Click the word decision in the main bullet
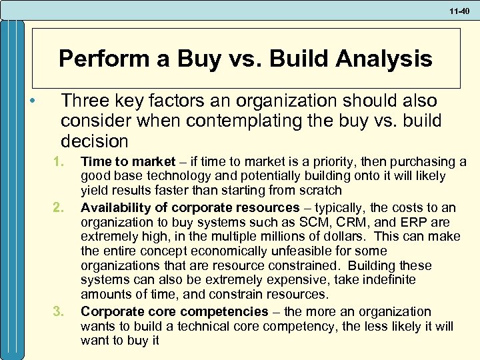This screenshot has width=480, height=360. click(94, 141)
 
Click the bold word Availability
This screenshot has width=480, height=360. click(115, 207)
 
